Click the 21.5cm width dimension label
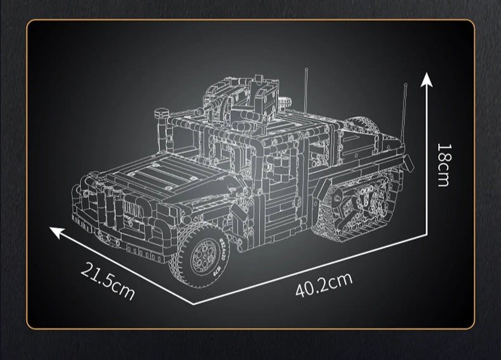(108, 281)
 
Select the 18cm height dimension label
(443, 164)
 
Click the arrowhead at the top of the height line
(427, 79)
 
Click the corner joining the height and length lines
(427, 233)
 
